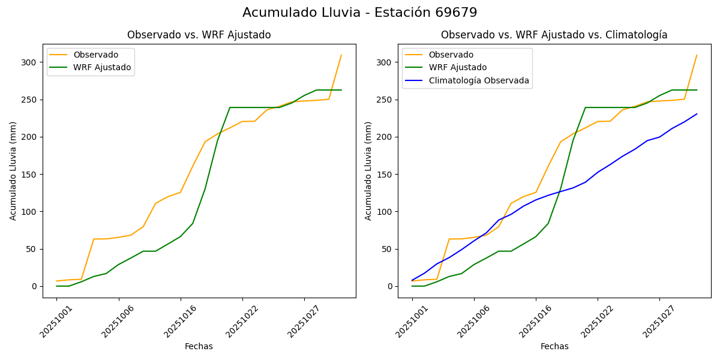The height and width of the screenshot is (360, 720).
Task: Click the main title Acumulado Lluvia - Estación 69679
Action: coord(359,13)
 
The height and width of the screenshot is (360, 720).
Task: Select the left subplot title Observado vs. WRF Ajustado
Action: coord(199,35)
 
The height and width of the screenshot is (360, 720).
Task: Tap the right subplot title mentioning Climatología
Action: coord(554,35)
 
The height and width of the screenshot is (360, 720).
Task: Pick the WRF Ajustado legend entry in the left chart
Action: coord(102,67)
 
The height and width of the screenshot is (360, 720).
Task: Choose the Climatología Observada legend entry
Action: coord(478,80)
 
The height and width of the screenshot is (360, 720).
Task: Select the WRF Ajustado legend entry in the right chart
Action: coord(457,67)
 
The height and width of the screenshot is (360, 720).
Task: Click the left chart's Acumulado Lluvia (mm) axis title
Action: coord(13,170)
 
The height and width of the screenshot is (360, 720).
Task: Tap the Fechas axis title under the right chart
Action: coord(554,346)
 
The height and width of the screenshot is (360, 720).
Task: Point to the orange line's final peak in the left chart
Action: coord(341,55)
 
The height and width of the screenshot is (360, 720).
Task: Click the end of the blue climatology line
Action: coord(697,114)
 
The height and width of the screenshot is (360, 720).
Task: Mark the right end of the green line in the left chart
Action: coord(341,90)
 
